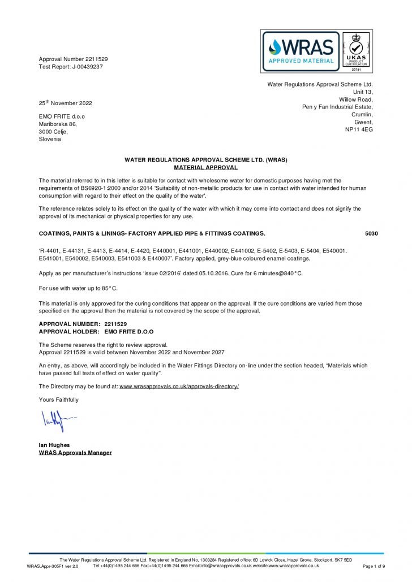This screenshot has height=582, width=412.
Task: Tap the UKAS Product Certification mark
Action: click(x=356, y=51)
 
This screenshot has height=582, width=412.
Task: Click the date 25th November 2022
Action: click(x=65, y=103)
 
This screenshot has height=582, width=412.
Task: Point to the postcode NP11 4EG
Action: click(x=359, y=129)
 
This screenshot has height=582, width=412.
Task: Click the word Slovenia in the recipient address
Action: click(x=50, y=139)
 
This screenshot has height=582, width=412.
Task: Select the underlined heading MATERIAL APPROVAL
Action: click(x=205, y=167)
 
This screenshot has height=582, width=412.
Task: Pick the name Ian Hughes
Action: click(x=54, y=445)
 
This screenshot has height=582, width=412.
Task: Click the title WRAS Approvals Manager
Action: click(x=75, y=453)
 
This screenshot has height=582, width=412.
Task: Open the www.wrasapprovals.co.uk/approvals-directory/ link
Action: click(x=179, y=386)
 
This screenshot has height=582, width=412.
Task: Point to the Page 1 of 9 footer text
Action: click(x=374, y=566)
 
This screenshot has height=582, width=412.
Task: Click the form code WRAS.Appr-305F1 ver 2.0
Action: click(x=53, y=566)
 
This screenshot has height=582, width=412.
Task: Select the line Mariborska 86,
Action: click(x=57, y=124)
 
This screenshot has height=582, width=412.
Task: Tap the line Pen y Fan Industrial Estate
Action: click(x=337, y=107)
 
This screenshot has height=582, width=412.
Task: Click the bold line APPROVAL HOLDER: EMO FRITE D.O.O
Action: click(x=96, y=332)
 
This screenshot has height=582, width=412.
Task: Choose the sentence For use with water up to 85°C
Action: click(x=78, y=288)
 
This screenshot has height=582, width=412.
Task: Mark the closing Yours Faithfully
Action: click(x=59, y=399)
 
